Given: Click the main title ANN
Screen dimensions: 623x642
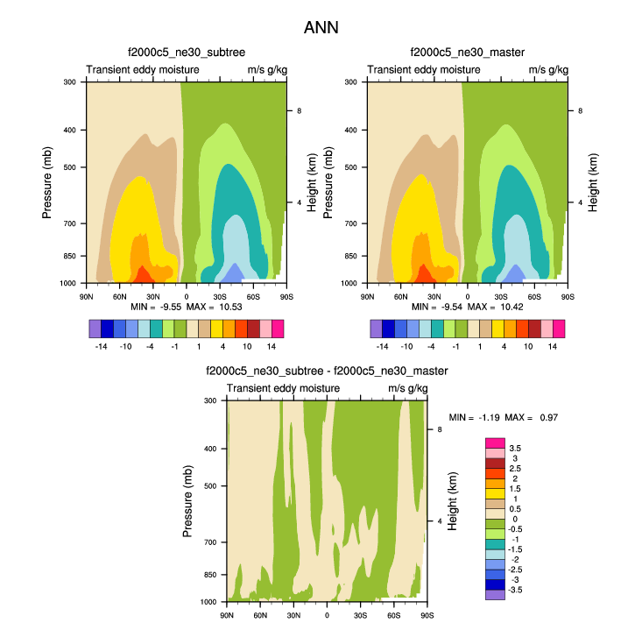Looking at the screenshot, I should [x=321, y=28].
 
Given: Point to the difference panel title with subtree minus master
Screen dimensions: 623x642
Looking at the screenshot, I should [x=326, y=372].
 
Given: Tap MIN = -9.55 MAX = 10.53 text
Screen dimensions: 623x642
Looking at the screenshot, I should [x=188, y=308].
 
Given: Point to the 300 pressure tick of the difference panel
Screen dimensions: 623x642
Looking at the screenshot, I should [x=210, y=400].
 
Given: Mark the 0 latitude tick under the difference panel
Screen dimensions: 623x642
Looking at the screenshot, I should [x=327, y=615].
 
